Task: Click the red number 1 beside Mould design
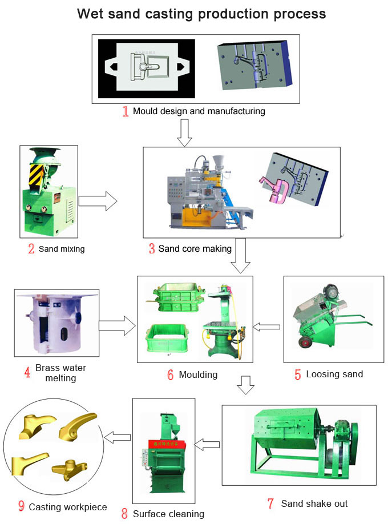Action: click(125, 111)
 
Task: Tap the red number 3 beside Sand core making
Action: click(151, 249)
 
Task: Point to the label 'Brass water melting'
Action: click(61, 373)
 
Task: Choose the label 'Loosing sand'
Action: click(334, 374)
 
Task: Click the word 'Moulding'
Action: click(198, 374)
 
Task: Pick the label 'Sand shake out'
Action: click(314, 503)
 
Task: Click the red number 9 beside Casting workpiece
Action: click(21, 506)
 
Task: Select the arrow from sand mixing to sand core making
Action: click(98, 201)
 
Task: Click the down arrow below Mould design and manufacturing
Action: click(184, 132)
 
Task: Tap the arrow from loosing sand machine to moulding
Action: click(267, 327)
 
